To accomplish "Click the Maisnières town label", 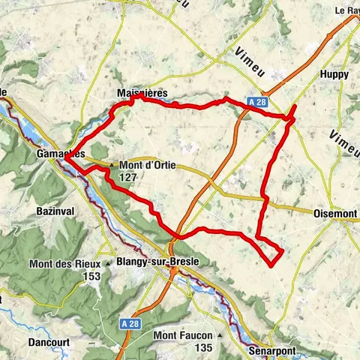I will tap(142, 92).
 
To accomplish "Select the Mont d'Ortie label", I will tap(146, 166).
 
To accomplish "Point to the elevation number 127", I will tap(127, 178).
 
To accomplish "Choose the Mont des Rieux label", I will tap(65, 264).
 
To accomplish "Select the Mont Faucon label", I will tap(184, 335).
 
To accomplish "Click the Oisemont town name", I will tap(335, 214).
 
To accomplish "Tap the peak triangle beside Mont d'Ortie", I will tap(112, 165).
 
